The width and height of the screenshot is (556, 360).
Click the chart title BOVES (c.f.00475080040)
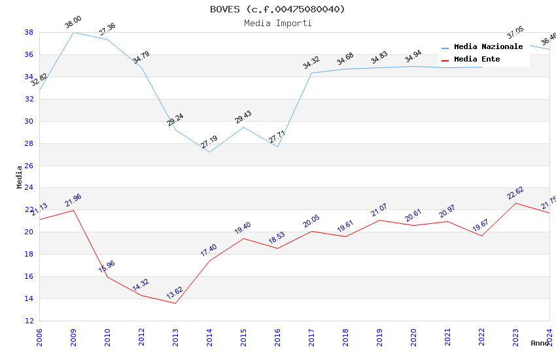pos(277,9)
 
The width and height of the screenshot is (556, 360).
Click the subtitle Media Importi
pos(277,23)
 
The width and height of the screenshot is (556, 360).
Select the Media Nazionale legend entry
pos(488,46)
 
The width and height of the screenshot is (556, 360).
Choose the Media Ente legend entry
pos(477,59)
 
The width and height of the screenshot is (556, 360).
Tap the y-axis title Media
pos(20,177)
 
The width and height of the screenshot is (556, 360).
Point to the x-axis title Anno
pos(540,343)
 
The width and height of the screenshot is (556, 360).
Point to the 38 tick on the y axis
pos(29,32)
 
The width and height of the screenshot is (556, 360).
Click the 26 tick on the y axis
pos(29,166)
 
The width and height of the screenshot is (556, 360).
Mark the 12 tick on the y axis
pos(29,321)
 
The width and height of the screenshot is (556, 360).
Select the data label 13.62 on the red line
pos(175,292)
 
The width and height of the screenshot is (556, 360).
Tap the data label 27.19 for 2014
pos(209,142)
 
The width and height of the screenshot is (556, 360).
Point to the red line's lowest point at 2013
pos(175,303)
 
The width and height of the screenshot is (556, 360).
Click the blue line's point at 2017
pos(311,73)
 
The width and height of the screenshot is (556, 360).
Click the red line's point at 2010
pos(107,277)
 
